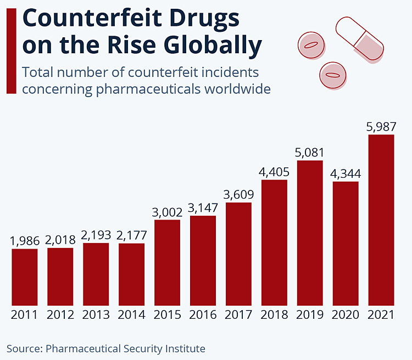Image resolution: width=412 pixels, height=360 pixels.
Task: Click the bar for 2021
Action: click(x=381, y=220)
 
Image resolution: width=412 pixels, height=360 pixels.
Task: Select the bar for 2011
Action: click(x=25, y=277)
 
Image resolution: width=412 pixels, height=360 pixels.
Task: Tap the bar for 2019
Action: click(x=310, y=233)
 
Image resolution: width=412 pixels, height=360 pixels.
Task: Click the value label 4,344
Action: click(x=346, y=173)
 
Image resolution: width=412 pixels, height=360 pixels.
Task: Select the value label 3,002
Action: click(x=167, y=212)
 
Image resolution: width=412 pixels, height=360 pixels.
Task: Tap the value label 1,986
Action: click(x=25, y=241)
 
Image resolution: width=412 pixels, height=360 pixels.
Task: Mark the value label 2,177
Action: click(x=132, y=235)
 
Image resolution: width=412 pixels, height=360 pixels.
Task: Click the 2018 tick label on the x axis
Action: click(x=274, y=315)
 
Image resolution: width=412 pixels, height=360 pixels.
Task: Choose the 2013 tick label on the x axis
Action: click(x=96, y=315)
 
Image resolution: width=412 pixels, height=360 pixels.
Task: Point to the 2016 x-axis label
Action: click(x=203, y=315)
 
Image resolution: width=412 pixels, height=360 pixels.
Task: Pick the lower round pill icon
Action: click(x=333, y=74)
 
